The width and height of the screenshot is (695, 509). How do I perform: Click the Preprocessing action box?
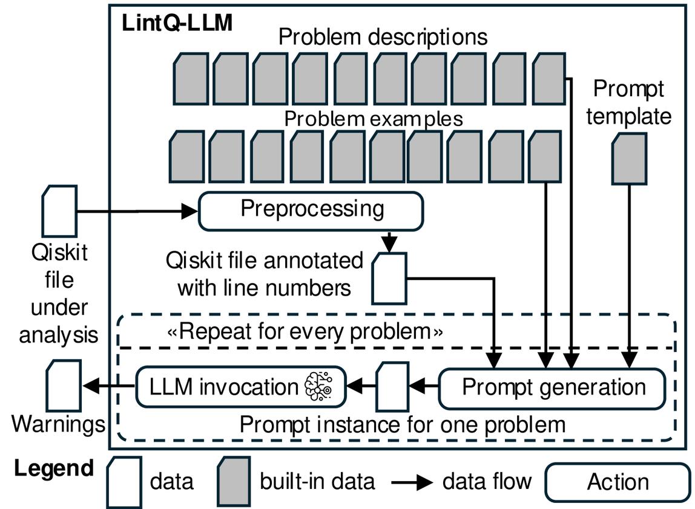[x=311, y=210]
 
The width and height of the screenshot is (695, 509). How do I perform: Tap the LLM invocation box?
[x=240, y=387]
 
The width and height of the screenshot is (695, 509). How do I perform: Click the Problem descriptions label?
[x=383, y=37]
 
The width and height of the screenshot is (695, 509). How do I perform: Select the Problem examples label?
[x=374, y=118]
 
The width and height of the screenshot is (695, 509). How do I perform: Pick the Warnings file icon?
[x=64, y=386]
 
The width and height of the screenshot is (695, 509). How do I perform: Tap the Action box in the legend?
[x=618, y=482]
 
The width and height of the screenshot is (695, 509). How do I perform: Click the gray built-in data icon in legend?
[x=235, y=482]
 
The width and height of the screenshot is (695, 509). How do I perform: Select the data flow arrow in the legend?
[x=412, y=482]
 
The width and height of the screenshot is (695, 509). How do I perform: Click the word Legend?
[x=54, y=468]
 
